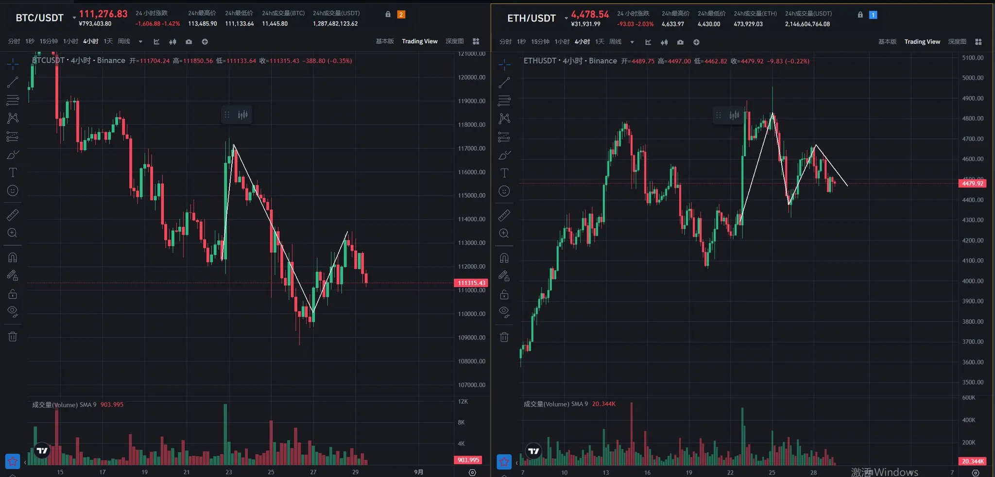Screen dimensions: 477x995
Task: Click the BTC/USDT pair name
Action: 39,18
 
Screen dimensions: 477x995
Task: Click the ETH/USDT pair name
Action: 531,18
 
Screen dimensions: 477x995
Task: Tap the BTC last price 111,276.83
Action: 103,14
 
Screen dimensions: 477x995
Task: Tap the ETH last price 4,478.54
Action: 590,15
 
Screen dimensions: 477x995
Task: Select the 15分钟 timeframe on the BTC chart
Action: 49,41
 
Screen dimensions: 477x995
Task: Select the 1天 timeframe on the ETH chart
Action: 600,42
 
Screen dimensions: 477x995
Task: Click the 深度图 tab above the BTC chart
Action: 454,41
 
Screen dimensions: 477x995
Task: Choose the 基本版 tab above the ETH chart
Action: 887,42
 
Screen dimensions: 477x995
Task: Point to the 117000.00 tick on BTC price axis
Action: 471,148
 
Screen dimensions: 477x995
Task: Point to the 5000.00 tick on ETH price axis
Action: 972,78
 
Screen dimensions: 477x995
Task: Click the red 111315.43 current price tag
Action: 471,283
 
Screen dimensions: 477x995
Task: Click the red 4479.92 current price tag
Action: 972,183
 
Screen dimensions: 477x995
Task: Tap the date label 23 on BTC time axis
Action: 229,472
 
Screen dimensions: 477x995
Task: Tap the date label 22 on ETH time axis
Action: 730,472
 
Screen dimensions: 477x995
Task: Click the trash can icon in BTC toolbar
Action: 13,336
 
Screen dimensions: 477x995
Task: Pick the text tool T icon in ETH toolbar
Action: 504,173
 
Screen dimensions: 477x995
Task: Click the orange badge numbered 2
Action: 401,15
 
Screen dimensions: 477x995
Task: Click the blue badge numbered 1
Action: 873,15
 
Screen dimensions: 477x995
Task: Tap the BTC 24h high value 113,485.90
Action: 202,24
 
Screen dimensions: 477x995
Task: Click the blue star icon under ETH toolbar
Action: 504,461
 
